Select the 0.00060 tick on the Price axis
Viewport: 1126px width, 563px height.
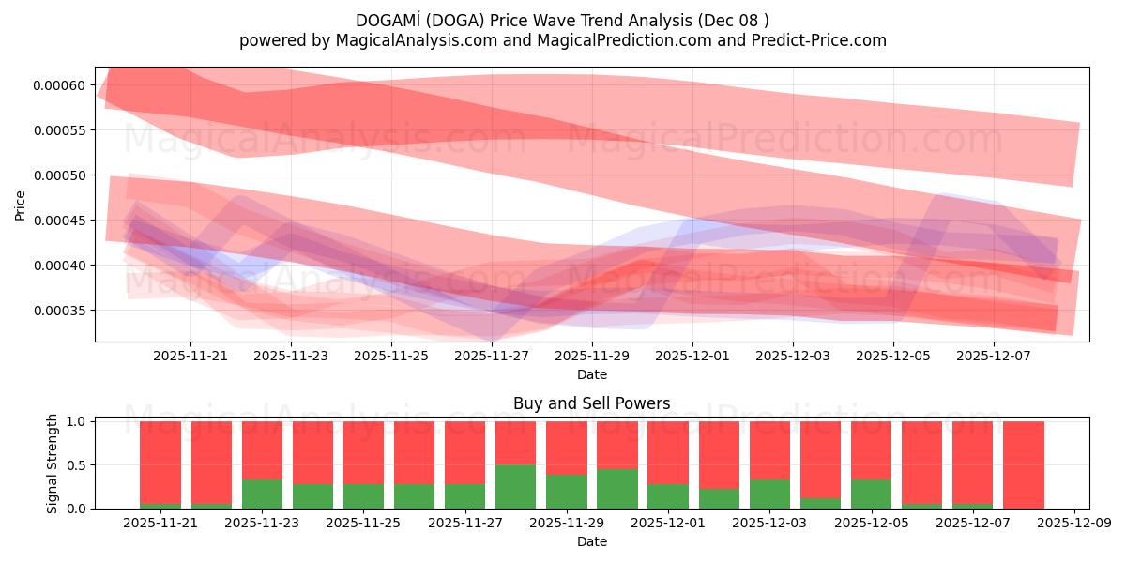[59, 85]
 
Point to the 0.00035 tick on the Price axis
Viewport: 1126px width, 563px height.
[59, 311]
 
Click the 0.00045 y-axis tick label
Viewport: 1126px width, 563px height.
[59, 221]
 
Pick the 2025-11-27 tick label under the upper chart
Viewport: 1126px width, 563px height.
[492, 357]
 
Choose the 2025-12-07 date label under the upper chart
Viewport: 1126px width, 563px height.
[994, 357]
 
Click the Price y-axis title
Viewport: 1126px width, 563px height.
[21, 205]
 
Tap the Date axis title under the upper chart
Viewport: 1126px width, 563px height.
[591, 374]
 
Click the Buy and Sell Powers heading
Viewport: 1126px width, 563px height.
[591, 403]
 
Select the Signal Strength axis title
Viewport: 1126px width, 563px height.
[53, 463]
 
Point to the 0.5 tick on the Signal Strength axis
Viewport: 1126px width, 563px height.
[77, 465]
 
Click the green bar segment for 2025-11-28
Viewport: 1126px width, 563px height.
[515, 486]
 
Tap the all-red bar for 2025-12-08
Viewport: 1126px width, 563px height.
[1023, 464]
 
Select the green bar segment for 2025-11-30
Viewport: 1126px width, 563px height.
[616, 488]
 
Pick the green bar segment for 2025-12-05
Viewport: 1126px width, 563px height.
[871, 494]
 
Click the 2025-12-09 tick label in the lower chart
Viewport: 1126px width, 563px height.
[1073, 524]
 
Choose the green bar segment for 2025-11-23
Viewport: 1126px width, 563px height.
[262, 494]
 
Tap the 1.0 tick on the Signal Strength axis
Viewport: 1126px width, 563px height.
[77, 421]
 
